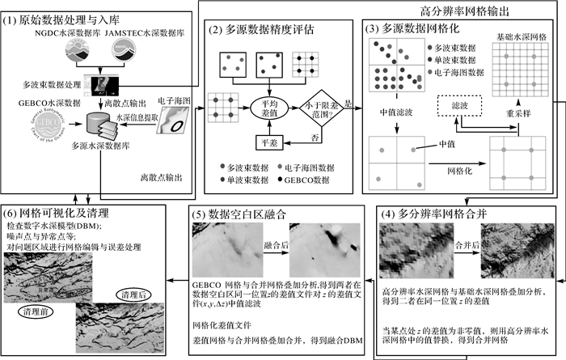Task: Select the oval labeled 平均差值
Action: (x=267, y=109)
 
